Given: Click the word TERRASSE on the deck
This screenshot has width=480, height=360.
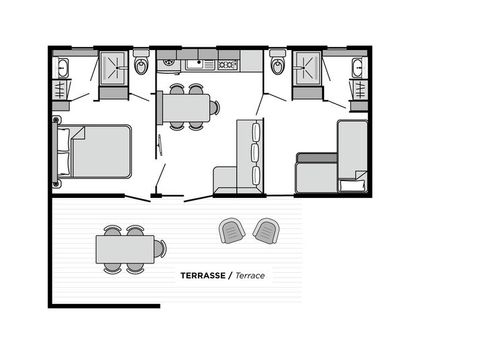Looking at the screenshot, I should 202,274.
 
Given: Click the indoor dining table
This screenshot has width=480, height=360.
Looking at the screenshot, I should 186,107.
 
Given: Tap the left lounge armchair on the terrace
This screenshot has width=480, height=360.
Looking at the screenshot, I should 232,231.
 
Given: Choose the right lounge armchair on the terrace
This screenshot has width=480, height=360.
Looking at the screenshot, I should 266,231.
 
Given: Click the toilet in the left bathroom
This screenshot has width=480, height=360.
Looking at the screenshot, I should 142,66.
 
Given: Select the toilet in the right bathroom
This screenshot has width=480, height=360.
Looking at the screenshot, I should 277,66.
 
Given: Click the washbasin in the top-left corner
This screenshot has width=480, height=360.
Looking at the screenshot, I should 62,68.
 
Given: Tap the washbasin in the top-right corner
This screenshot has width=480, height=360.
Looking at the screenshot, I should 357,68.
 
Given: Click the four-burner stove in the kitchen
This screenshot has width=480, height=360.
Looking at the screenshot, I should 227,64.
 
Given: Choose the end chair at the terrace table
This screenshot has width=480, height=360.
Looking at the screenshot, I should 160,248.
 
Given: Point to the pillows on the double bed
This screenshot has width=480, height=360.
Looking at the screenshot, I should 64,150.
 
